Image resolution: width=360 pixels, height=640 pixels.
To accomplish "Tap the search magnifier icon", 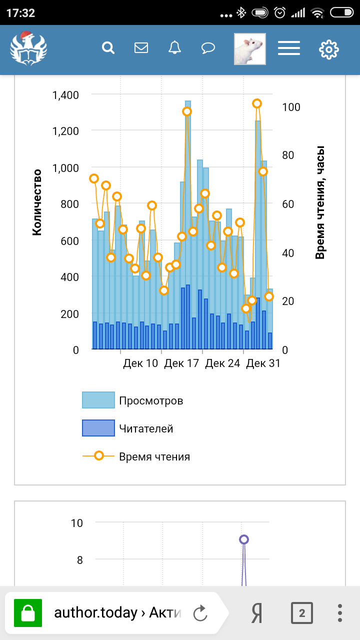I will [x=108, y=48].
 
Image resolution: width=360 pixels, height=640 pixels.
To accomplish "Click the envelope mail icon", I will [x=141, y=48].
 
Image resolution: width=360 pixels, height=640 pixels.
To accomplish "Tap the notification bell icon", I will [x=174, y=48].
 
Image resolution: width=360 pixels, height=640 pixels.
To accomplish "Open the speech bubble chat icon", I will [x=208, y=48].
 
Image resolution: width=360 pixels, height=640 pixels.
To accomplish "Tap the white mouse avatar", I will [x=250, y=49].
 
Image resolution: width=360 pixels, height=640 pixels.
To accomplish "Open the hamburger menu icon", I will [x=289, y=48].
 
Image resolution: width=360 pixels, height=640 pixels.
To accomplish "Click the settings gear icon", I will [x=329, y=49].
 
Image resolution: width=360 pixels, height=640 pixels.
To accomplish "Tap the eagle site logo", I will [x=28, y=48].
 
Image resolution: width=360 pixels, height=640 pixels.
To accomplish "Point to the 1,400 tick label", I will [x=65, y=95].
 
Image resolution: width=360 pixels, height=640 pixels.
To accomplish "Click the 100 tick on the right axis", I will [x=291, y=107].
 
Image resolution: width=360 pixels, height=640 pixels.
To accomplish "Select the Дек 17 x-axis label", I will [x=181, y=363].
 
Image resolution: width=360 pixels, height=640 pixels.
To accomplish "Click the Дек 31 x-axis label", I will [x=263, y=363].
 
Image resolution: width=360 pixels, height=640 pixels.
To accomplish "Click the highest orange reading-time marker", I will [x=257, y=103].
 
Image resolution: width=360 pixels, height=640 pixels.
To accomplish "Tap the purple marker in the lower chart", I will [x=244, y=539].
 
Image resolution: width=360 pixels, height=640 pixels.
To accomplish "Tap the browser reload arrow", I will [x=200, y=613].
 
